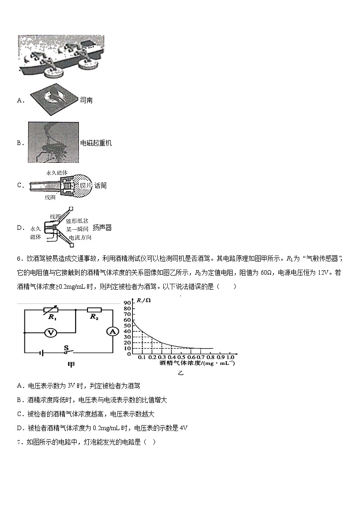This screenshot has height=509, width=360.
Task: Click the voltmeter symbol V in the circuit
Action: [52, 332]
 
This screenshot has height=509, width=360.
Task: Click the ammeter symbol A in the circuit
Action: [112, 332]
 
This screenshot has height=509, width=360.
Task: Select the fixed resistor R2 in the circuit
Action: [94, 310]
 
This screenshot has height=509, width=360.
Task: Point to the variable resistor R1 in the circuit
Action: [53, 310]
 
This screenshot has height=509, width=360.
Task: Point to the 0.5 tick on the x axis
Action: [181, 358]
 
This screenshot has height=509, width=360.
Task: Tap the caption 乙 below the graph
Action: [180, 373]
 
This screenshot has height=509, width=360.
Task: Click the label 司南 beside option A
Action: [86, 100]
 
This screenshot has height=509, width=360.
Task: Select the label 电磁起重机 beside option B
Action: [96, 143]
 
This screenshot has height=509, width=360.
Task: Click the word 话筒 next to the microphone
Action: [101, 186]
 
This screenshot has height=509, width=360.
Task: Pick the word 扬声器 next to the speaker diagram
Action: [102, 228]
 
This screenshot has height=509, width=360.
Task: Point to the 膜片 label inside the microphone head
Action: [87, 185]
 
